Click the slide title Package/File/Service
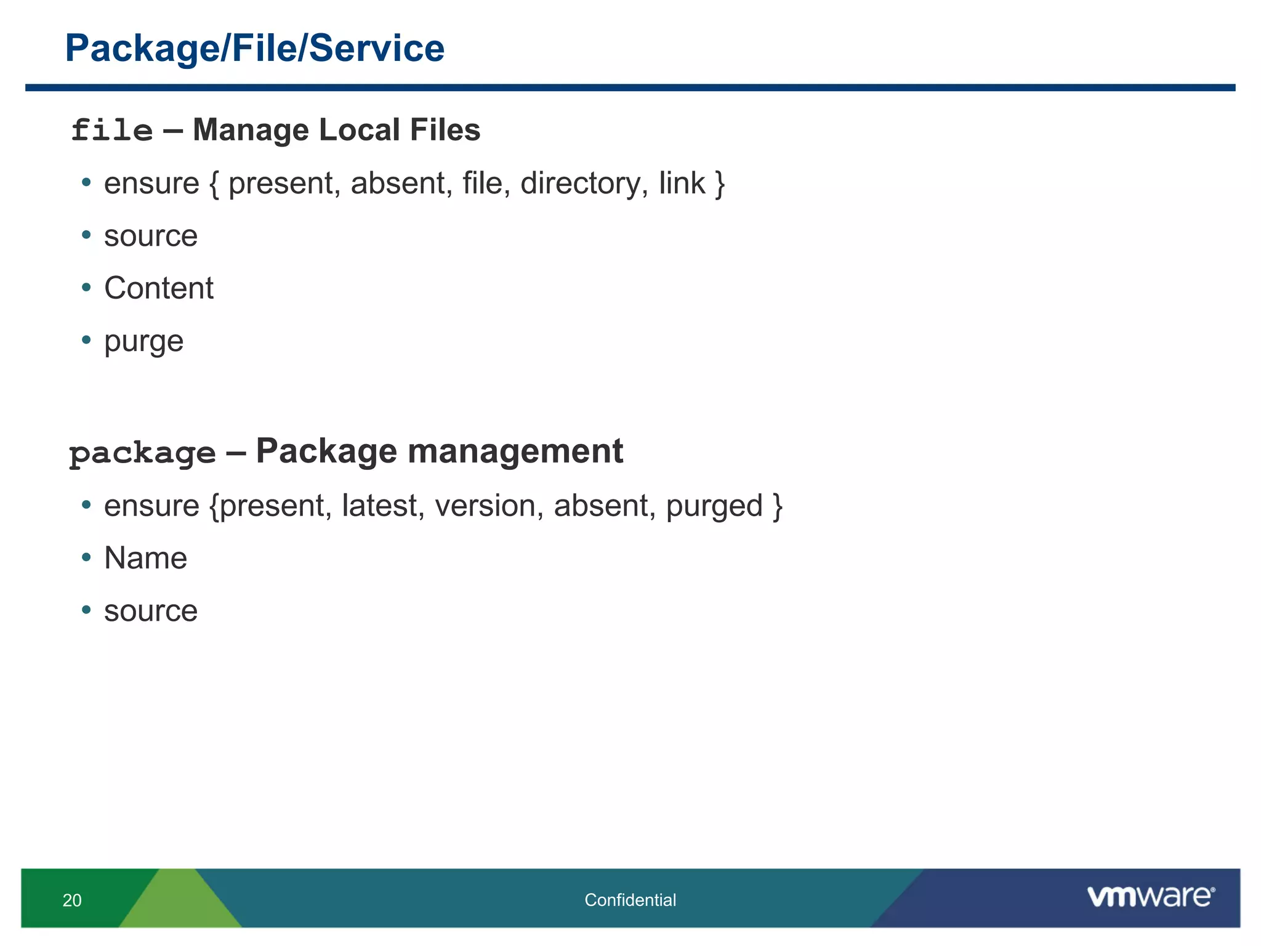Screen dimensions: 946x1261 [254, 48]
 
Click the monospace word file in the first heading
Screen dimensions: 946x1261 [111, 131]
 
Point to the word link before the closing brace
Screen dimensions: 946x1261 [682, 184]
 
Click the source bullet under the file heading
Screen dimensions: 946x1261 [151, 236]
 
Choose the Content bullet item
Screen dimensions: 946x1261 [159, 288]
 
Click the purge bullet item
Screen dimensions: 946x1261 [143, 341]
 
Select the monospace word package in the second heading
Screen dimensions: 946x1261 [142, 453]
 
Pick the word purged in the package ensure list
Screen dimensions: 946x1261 [714, 506]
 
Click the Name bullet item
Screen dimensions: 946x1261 [146, 558]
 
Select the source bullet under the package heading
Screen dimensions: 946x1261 [151, 611]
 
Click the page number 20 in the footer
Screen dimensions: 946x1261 [72, 900]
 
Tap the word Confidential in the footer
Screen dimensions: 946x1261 [630, 900]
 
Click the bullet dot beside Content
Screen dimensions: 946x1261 [86, 288]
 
